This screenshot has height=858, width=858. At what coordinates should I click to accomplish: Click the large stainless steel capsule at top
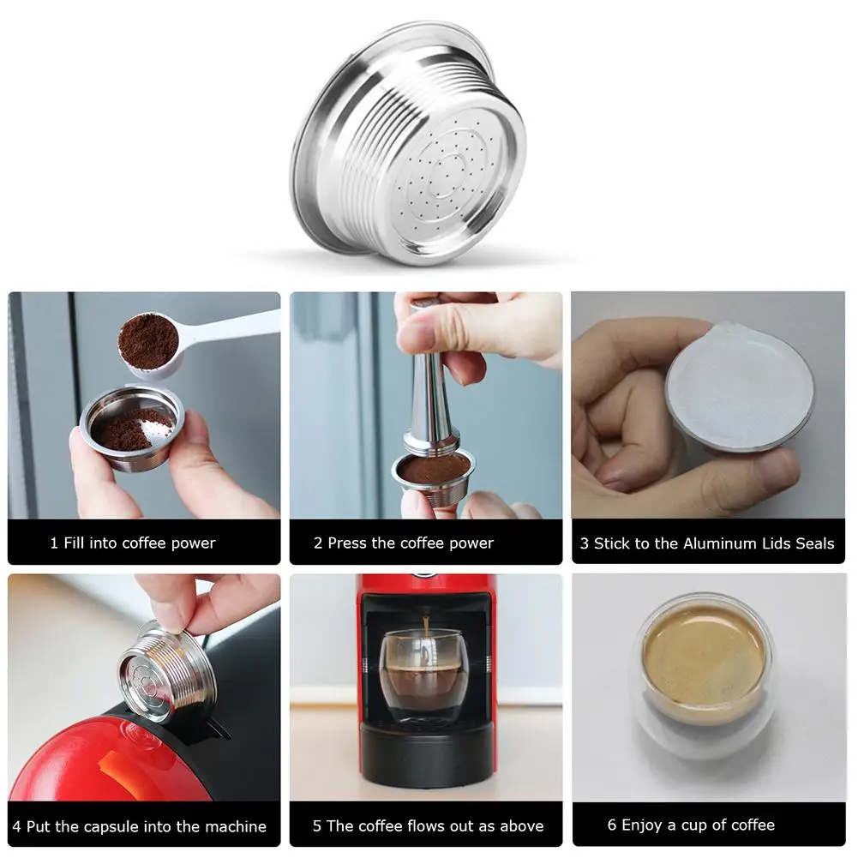[408, 143]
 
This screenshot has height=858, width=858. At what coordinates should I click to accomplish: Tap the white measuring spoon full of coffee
[181, 343]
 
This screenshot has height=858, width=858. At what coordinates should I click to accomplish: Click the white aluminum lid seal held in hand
[740, 387]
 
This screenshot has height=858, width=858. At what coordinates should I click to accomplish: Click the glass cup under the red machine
[424, 676]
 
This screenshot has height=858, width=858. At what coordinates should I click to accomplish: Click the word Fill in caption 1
[75, 543]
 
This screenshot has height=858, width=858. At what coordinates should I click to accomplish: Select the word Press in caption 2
[347, 543]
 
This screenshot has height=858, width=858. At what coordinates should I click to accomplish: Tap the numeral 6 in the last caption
[612, 825]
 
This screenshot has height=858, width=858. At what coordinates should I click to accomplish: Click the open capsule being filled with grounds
[132, 428]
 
